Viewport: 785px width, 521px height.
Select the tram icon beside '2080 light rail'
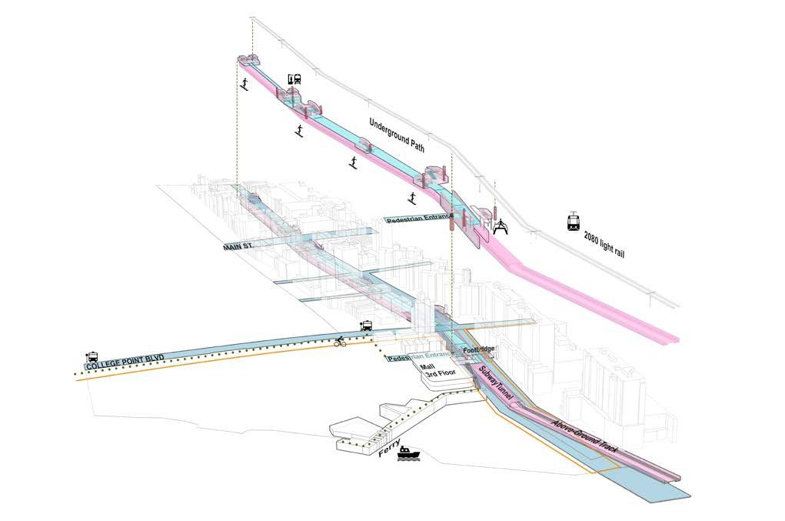tap(574, 222)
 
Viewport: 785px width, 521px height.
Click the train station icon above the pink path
tap(293, 79)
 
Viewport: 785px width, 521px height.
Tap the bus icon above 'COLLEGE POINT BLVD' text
tap(92, 356)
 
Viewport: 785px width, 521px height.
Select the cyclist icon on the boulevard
tap(339, 341)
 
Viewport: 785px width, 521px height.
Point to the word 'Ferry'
tap(391, 444)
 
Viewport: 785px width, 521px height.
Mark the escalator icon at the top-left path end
tap(244, 84)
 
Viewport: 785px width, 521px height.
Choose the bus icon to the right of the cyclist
tap(368, 326)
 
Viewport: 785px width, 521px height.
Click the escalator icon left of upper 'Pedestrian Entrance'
tap(411, 201)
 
